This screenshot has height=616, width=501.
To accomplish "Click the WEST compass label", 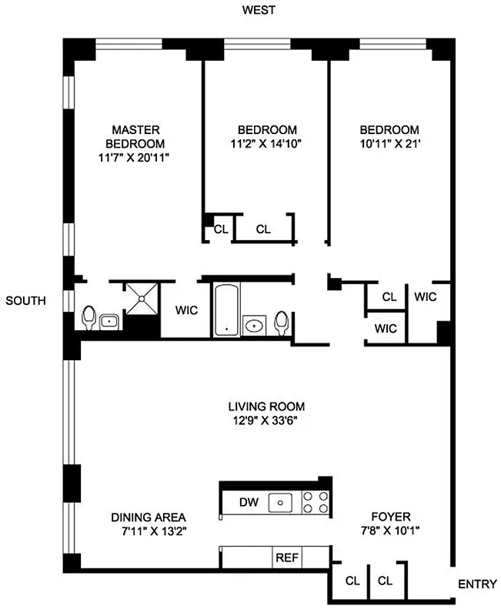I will tap(259, 10).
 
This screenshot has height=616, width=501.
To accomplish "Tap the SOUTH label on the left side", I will tap(26, 300).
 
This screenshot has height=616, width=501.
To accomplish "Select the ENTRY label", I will tap(477, 584).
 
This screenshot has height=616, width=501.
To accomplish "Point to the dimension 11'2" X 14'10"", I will tap(266, 143).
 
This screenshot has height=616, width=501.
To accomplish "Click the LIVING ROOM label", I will tap(266, 406).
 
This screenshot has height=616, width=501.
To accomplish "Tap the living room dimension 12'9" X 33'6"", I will tap(266, 420).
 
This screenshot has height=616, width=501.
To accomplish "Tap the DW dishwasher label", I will tap(248, 503).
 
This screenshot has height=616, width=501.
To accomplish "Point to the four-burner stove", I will tap(316, 503).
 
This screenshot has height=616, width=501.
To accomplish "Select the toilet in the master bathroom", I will tap(89, 317).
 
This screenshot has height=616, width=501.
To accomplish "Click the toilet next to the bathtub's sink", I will tap(282, 322).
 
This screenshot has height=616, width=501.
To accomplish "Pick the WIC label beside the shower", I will tap(187, 310).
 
